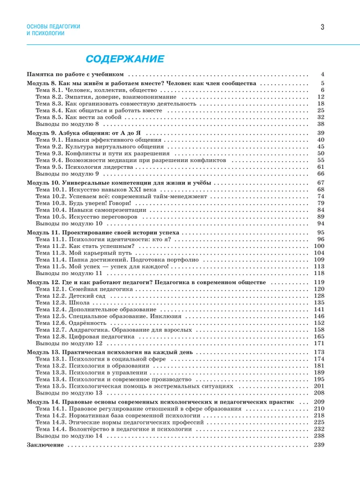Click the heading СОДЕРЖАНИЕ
point(124,59)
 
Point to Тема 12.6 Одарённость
point(75,323)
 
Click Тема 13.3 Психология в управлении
point(91,373)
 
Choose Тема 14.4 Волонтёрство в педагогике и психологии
point(117,429)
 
